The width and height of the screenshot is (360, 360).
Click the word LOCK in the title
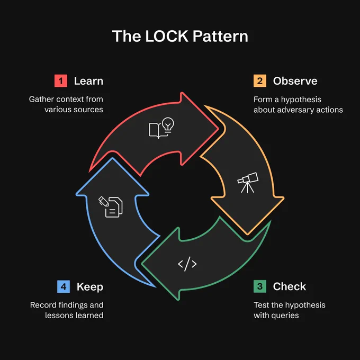(x=167, y=37)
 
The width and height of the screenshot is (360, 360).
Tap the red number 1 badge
(x=61, y=81)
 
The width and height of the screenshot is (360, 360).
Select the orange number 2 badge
(x=260, y=81)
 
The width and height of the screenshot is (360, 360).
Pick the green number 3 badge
(x=260, y=286)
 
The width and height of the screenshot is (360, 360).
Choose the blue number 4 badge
(x=64, y=286)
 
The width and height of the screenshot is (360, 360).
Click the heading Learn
(x=88, y=81)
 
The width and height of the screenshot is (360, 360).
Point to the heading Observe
(x=295, y=81)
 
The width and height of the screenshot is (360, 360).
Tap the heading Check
(x=290, y=286)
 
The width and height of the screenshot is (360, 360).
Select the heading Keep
(x=90, y=287)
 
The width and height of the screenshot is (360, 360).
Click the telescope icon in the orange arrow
(x=248, y=183)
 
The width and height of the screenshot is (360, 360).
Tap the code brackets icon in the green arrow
(x=187, y=264)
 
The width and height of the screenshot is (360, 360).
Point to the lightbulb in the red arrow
(x=168, y=125)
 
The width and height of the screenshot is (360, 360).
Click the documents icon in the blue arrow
(x=111, y=207)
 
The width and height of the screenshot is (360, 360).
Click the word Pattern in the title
(x=220, y=37)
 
